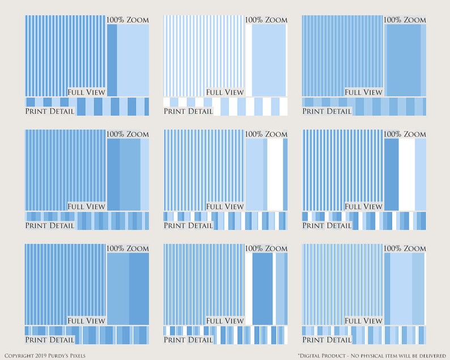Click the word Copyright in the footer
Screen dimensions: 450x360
click(x=19, y=356)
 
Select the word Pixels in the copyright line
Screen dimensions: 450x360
click(x=78, y=356)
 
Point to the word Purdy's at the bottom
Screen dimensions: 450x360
click(x=59, y=356)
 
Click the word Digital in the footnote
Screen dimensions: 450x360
click(x=311, y=356)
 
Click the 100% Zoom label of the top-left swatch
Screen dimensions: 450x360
click(x=128, y=20)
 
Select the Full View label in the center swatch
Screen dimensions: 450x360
click(x=224, y=206)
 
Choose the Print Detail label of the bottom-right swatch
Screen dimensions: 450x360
click(x=327, y=340)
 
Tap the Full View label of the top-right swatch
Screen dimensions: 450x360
click(x=363, y=92)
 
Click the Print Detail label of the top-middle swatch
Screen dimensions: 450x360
click(x=188, y=111)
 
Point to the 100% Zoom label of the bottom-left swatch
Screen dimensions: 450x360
click(x=128, y=248)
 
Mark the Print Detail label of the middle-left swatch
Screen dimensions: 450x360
click(x=50, y=226)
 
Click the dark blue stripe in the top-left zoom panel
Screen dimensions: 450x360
click(x=112, y=60)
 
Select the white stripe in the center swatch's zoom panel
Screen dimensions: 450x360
click(x=275, y=175)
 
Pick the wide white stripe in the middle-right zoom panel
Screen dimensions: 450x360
click(x=407, y=175)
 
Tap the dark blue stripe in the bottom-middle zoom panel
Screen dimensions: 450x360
click(x=262, y=289)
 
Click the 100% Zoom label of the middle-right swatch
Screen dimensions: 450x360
click(x=405, y=134)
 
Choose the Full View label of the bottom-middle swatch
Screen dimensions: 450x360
click(x=224, y=321)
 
